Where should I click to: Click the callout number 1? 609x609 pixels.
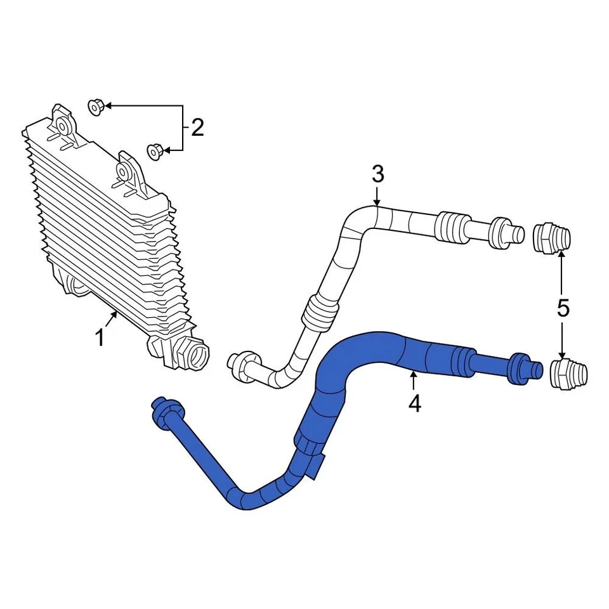(x=100, y=338)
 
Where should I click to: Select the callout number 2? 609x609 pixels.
(x=197, y=129)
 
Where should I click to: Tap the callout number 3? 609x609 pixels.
(x=378, y=173)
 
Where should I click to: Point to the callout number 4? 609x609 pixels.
(x=414, y=403)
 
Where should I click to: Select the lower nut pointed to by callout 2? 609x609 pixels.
(x=155, y=150)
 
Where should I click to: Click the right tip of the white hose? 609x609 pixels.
(x=517, y=233)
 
